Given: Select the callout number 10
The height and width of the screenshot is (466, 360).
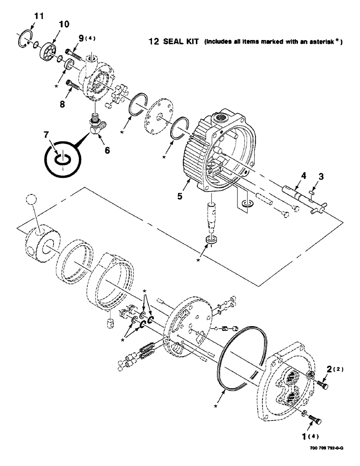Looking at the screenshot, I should (x=63, y=24).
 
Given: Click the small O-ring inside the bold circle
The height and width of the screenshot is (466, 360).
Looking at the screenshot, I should (x=62, y=159).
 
